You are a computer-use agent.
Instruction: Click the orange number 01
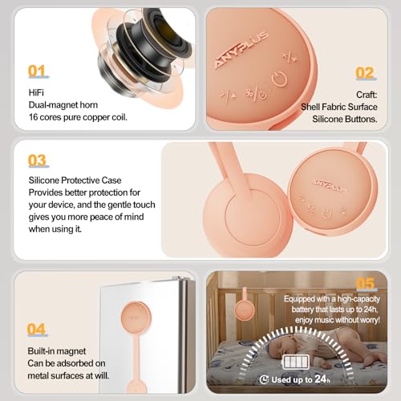37,71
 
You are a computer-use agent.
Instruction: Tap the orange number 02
365,73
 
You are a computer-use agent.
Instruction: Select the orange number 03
38,160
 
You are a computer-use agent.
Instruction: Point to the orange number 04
36,329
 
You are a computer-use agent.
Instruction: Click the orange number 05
366,284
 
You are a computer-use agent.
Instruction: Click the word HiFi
36,93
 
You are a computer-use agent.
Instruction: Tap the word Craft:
367,95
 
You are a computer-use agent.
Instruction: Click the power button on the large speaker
280,79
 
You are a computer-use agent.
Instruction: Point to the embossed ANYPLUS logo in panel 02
241,50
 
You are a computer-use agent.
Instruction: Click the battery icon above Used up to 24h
296,362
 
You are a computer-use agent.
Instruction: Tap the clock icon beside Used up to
264,379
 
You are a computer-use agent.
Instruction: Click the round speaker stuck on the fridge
136,317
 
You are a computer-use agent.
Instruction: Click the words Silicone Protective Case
75,180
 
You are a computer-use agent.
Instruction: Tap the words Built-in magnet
57,351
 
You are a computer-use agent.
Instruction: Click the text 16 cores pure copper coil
78,117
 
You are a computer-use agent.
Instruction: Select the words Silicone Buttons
345,119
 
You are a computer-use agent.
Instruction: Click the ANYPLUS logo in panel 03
330,186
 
